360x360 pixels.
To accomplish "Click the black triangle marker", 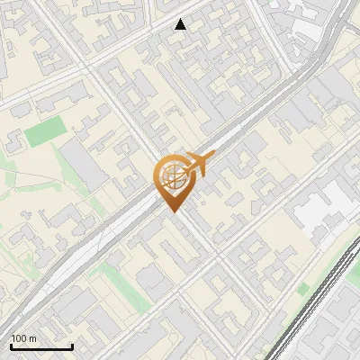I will coord(181,24).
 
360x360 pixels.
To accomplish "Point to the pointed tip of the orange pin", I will coord(171,212).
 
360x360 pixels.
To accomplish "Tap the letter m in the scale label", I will coord(33,338).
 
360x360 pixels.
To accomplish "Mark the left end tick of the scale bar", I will coord(10,346).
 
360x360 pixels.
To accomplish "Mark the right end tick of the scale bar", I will coord(72,346).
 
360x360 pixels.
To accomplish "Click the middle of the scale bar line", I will coord(41,347).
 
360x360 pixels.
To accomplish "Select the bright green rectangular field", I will coord(45,134).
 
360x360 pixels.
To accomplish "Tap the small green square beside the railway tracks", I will coord(303,289).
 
